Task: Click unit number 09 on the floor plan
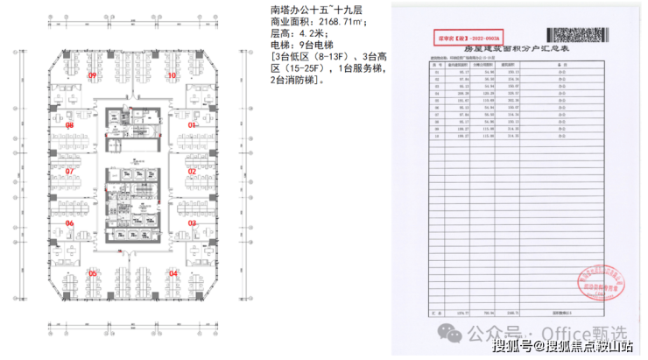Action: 92,76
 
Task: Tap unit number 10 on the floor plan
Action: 173,76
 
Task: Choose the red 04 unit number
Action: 173,273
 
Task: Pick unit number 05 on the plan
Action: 92,273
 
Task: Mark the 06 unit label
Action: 69,222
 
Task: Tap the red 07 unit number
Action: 69,171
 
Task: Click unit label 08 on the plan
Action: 69,126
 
